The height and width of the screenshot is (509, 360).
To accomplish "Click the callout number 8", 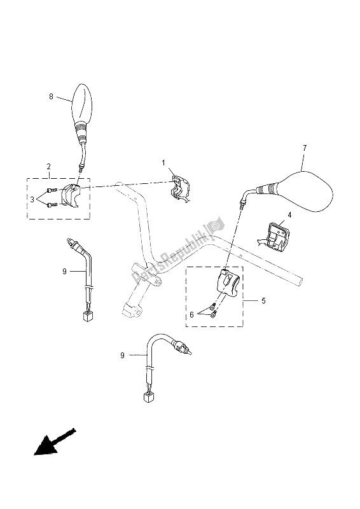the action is click(x=51, y=97).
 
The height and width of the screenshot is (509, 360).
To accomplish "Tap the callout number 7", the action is click(x=304, y=148).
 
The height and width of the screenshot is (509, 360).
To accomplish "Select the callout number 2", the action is click(x=48, y=167).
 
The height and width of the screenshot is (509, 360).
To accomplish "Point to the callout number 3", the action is click(x=32, y=200).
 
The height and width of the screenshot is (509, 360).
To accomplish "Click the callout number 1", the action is click(x=163, y=162).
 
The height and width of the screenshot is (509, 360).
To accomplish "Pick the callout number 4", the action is click(x=289, y=215).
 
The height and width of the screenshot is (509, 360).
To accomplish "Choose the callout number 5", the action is click(x=263, y=301).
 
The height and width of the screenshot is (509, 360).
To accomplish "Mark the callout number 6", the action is click(x=191, y=314).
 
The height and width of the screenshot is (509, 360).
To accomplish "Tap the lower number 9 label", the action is click(x=122, y=356).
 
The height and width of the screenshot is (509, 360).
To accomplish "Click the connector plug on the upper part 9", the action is click(x=88, y=316).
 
